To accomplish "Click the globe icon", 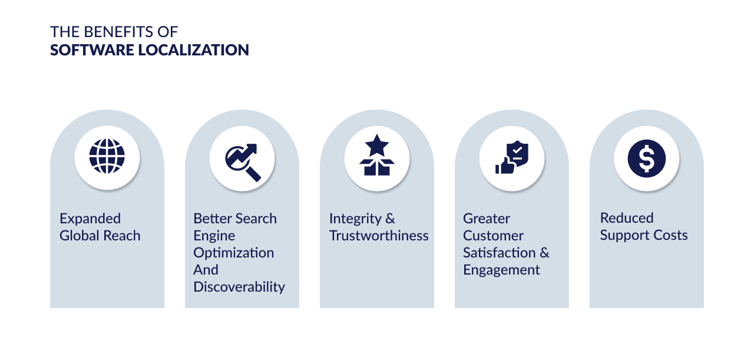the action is [107, 156].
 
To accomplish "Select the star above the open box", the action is [377, 146].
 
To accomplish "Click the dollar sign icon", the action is [647, 158].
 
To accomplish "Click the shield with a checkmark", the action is [518, 153].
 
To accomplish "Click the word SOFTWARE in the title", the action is [92, 50].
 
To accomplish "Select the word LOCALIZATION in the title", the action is [194, 50].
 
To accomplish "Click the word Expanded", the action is [90, 219].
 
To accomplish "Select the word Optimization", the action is [234, 253].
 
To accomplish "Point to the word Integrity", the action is [355, 219].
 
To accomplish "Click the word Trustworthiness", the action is [379, 236].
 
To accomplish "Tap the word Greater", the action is [487, 219].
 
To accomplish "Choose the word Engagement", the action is [501, 270].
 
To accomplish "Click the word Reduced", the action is [627, 218].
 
